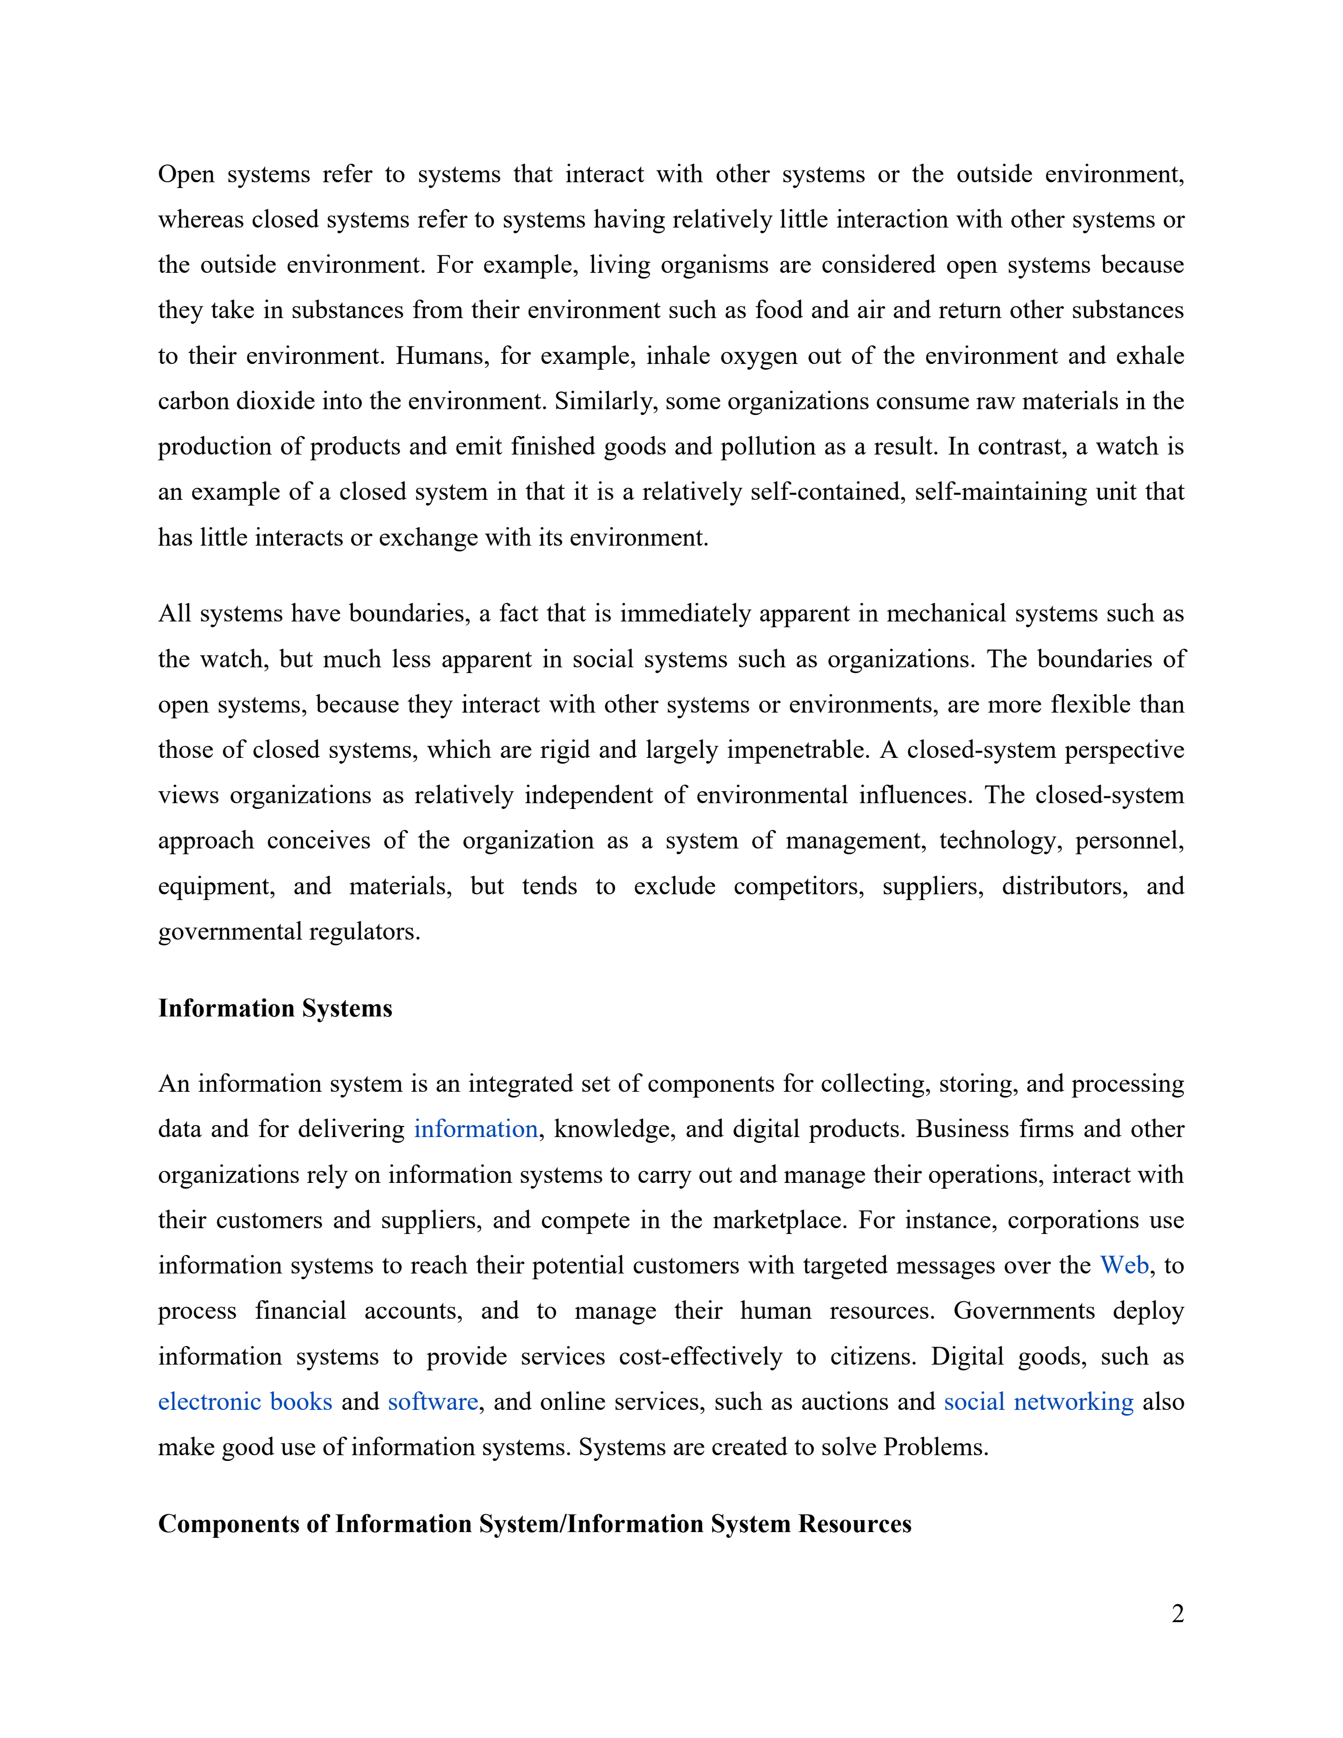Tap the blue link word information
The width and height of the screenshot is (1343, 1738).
(476, 1129)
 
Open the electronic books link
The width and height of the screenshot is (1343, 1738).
(245, 1401)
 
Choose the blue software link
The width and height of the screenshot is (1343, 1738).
(433, 1401)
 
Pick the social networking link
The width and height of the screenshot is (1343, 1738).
(1038, 1401)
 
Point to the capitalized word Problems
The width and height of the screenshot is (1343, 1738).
(936, 1447)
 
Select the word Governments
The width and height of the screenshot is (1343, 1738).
(1024, 1311)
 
